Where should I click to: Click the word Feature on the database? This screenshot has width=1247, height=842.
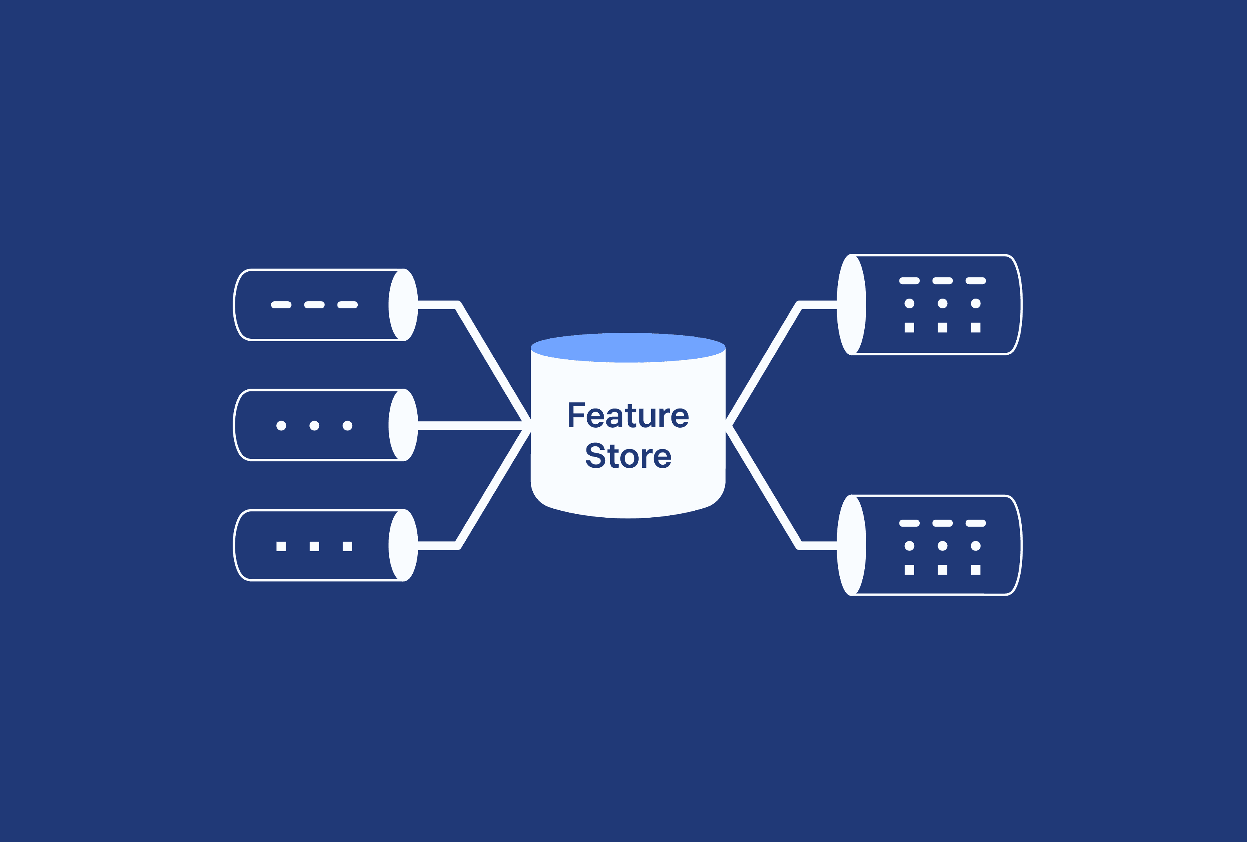(628, 416)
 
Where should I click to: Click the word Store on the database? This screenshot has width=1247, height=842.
(628, 456)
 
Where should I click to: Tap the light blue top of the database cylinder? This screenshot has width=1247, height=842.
(628, 348)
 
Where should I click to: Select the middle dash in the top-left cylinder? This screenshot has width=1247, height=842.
(314, 305)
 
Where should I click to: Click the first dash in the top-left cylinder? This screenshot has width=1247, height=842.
(281, 305)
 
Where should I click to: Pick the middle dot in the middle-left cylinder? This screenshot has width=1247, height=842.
(314, 426)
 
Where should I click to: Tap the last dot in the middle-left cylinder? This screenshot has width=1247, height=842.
(348, 426)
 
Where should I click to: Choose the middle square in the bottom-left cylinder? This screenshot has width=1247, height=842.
(314, 546)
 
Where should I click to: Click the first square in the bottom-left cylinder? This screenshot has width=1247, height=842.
(281, 546)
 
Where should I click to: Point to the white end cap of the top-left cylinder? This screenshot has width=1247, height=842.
(403, 305)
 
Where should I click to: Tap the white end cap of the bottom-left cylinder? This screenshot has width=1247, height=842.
(403, 545)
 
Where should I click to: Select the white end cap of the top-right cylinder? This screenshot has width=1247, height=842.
(851, 305)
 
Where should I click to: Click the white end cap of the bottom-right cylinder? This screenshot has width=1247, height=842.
(851, 545)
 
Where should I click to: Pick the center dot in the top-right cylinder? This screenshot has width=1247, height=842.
(942, 304)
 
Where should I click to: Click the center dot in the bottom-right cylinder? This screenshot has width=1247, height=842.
(942, 546)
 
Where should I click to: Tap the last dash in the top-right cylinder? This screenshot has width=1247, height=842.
(975, 281)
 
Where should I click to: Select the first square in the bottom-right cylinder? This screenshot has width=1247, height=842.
(909, 570)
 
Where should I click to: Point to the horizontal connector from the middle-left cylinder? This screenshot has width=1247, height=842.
(470, 426)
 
